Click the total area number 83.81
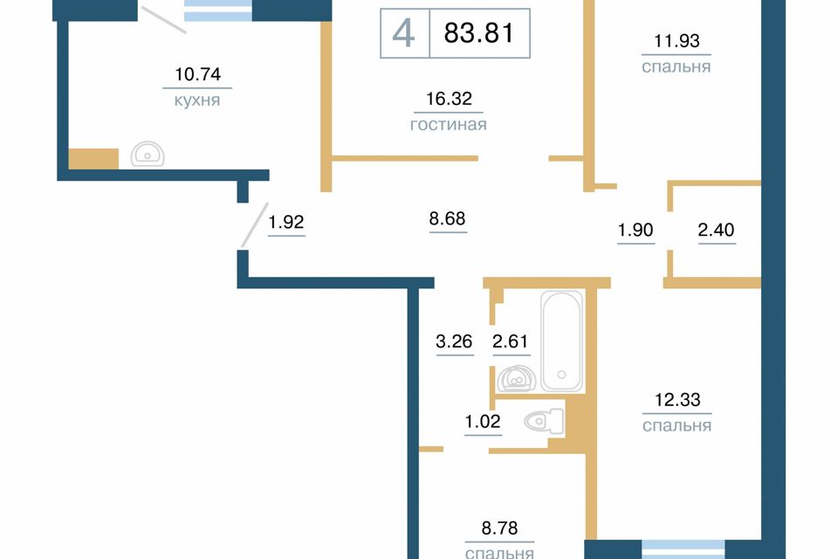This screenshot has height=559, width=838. tap(478, 32)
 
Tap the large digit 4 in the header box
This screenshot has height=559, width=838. tap(403, 32)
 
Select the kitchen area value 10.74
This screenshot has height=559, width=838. tap(198, 74)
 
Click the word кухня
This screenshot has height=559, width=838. tap(197, 100)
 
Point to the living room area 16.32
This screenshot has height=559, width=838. tap(449, 99)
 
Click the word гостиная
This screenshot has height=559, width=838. tap(449, 125)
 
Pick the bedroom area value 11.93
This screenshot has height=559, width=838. tap(677, 41)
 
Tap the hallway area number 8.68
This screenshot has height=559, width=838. tap(447, 218)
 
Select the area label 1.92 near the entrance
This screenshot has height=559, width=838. tap(286, 222)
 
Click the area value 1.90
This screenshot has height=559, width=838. tap(635, 230)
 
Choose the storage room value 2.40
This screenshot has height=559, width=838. tap(716, 230)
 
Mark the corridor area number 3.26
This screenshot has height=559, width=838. tap(454, 342)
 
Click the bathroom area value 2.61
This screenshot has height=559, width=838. tap(511, 342)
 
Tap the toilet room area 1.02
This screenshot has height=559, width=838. tap(483, 422)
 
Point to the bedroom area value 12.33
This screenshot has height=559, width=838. tap(677, 399)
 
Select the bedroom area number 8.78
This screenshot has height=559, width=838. tap(499, 528)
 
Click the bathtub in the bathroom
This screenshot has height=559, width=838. tap(561, 342)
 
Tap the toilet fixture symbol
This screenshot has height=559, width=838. tap(544, 422)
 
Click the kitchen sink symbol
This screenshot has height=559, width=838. tap(148, 154)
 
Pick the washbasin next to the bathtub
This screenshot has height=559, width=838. tap(516, 379)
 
